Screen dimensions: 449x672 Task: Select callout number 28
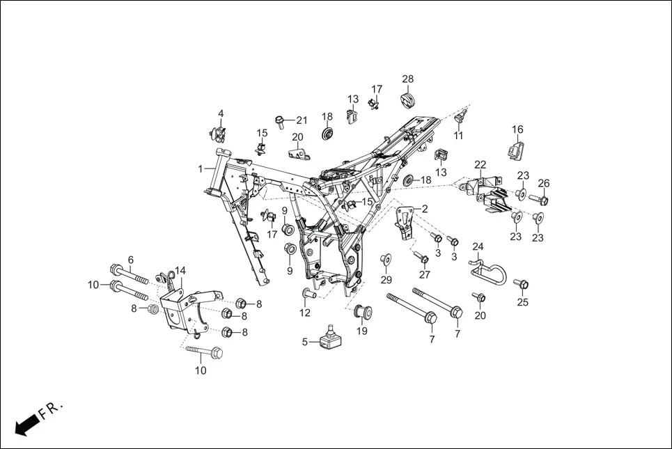point(407,79)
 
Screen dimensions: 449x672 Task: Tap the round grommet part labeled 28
point(408,100)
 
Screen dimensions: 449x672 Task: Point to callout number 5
point(304,342)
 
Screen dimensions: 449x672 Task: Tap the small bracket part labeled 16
point(516,149)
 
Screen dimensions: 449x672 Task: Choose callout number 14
point(180,270)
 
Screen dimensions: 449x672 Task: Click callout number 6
point(130,260)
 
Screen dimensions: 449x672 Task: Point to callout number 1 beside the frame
point(201,168)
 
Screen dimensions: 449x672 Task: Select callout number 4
point(221,113)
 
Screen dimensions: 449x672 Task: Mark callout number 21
point(302,120)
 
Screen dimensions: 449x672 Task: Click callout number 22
point(480,164)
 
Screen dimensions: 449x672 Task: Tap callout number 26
point(544,183)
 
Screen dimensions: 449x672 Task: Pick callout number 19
point(362,331)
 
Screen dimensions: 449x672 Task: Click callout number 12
point(305,313)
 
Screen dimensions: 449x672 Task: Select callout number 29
point(386,280)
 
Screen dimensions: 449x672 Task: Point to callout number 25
point(522,302)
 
